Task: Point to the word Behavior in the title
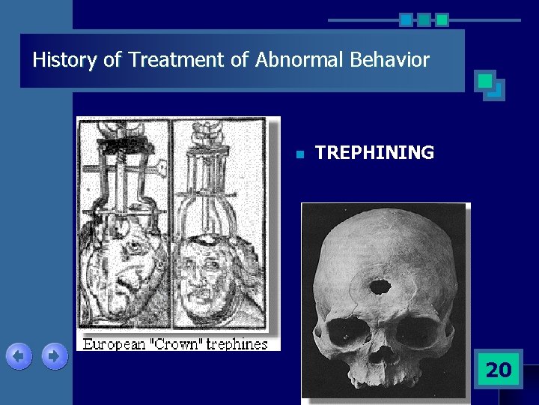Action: point(395,60)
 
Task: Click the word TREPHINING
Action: point(374,153)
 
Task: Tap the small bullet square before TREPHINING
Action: point(298,154)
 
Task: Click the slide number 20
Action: point(498,369)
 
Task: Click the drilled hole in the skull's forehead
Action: point(380,286)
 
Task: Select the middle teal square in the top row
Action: point(424,19)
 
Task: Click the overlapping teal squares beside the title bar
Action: point(490,85)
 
